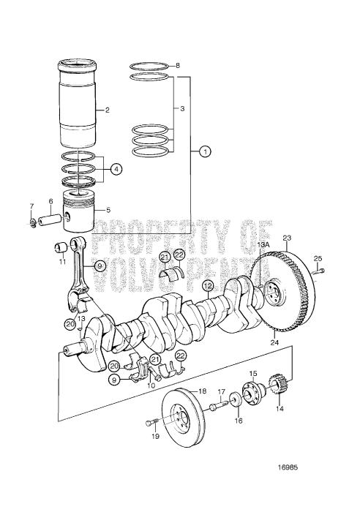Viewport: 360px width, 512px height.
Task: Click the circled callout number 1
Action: tap(206, 151)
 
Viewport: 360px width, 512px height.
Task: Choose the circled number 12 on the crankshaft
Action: tap(208, 286)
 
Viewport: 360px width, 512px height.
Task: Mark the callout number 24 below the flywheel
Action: tap(274, 342)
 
